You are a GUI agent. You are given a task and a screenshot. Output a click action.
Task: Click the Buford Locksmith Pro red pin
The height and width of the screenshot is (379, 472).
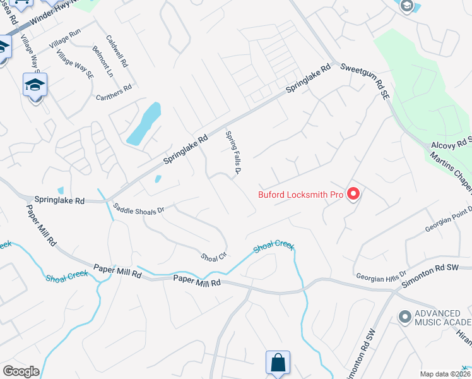coord(353,194)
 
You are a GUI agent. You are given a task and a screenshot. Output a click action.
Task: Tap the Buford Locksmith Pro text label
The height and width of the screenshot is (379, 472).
coord(300,195)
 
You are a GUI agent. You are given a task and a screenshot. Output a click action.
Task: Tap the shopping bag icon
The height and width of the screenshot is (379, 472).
coord(277,363)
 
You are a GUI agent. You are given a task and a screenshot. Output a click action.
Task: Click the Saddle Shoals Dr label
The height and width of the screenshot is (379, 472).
coord(139,208)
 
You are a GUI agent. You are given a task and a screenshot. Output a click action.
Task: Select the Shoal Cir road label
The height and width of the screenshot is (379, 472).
coord(213,257)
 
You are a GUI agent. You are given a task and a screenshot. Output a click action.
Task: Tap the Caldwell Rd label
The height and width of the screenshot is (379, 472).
coord(117,51)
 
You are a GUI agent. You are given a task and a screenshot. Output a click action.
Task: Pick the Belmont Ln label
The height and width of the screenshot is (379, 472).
coord(102,61)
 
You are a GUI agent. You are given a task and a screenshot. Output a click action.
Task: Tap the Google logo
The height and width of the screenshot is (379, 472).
coord(21,371)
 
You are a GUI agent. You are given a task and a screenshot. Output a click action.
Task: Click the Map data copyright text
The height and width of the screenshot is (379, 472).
coord(444,374)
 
